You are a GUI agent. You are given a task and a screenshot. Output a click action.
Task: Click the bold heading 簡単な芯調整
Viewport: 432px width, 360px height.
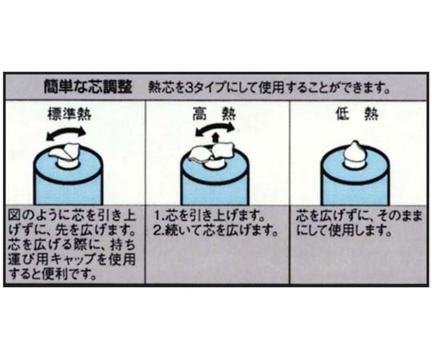click(88, 86)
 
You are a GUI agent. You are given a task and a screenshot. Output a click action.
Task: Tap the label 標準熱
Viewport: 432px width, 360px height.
click(70, 114)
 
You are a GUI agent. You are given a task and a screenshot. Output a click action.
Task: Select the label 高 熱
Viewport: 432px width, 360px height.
click(214, 114)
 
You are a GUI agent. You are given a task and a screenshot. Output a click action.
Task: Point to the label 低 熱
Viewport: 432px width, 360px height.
click(358, 114)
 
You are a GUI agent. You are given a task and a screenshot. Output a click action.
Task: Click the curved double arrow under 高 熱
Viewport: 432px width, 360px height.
click(214, 126)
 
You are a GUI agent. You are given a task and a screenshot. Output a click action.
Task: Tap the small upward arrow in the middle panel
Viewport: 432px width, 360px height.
click(216, 138)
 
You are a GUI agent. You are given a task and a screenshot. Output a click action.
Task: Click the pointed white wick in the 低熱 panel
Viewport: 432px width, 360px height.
click(355, 152)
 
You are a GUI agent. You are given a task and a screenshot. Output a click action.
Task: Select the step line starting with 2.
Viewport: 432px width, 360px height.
click(215, 231)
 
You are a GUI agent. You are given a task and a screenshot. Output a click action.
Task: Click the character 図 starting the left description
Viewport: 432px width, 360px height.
click(14, 216)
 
